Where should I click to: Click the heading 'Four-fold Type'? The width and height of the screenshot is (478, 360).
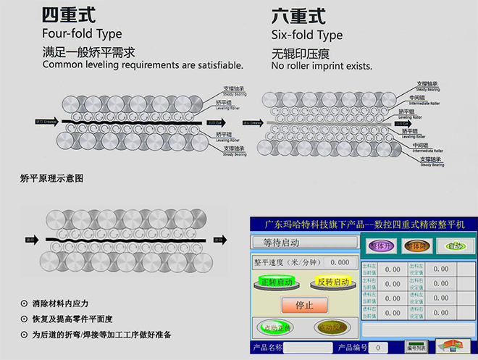(x=82, y=34)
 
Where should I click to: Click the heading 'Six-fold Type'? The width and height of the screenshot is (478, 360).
(x=307, y=35)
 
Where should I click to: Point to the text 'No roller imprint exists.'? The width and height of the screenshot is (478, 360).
(x=322, y=66)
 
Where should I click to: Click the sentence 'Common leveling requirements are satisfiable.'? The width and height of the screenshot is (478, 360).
(x=143, y=64)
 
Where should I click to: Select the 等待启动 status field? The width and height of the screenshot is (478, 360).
(x=303, y=243)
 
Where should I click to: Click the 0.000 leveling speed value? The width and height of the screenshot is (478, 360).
(x=339, y=262)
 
